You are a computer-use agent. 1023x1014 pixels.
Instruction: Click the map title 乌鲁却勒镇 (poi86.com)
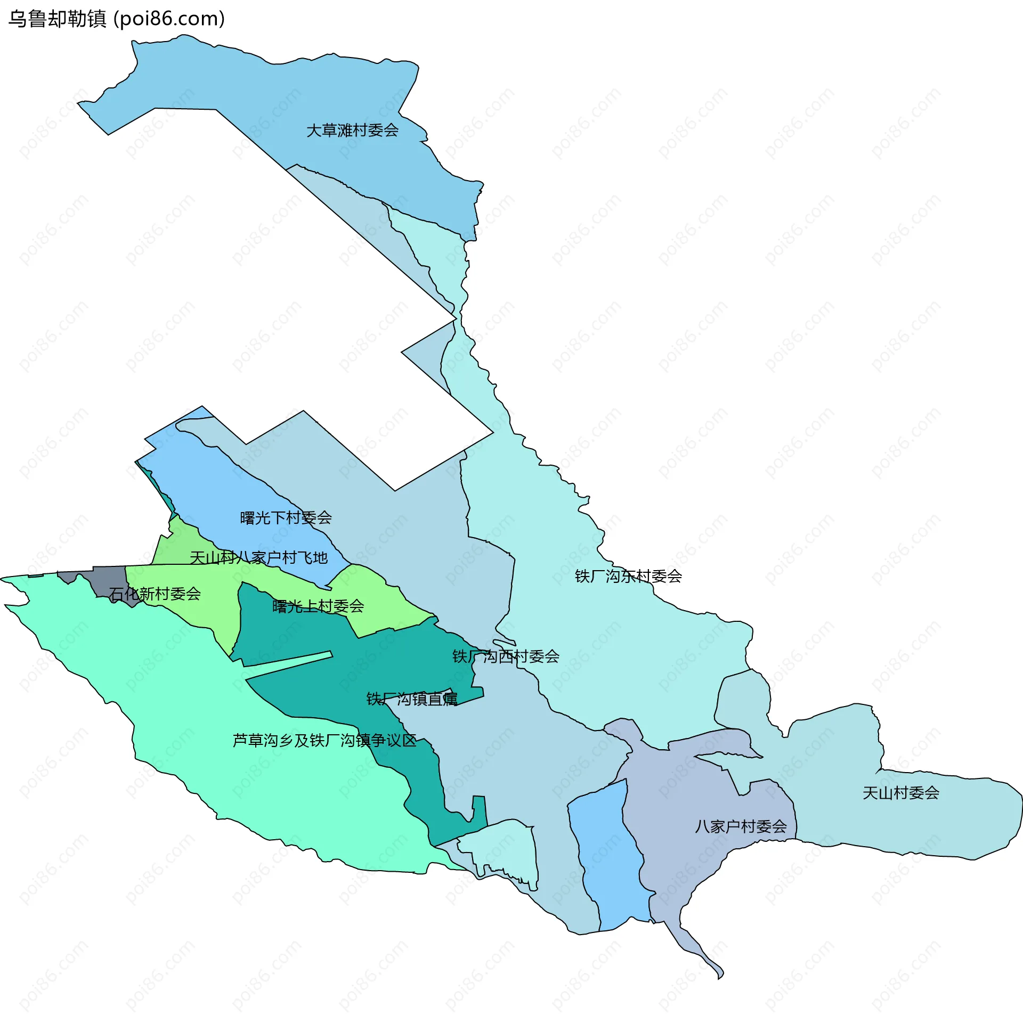tap(116, 19)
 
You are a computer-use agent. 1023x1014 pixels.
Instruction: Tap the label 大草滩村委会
tap(352, 130)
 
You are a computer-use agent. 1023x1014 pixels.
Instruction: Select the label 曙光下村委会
tap(286, 517)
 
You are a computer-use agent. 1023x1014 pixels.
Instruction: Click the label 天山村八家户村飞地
tap(258, 558)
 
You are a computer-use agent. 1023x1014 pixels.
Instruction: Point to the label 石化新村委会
tap(155, 594)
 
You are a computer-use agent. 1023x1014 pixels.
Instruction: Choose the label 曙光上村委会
tap(318, 606)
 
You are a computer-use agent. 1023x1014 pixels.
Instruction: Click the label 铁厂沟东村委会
tap(628, 576)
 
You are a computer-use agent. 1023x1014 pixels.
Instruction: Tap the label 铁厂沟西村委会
tap(506, 656)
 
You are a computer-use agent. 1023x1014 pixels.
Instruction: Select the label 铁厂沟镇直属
tap(411, 699)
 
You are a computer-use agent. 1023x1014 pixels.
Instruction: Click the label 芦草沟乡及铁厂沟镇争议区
tap(324, 741)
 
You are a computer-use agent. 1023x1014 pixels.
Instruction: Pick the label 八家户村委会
tap(741, 826)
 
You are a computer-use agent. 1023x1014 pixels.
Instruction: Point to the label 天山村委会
tap(900, 793)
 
